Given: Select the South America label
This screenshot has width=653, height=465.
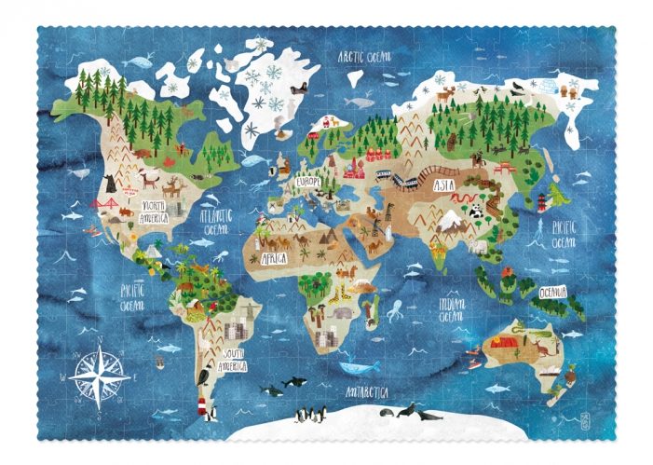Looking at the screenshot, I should (235, 358).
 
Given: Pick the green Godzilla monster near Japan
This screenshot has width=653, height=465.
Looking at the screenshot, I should (557, 196).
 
